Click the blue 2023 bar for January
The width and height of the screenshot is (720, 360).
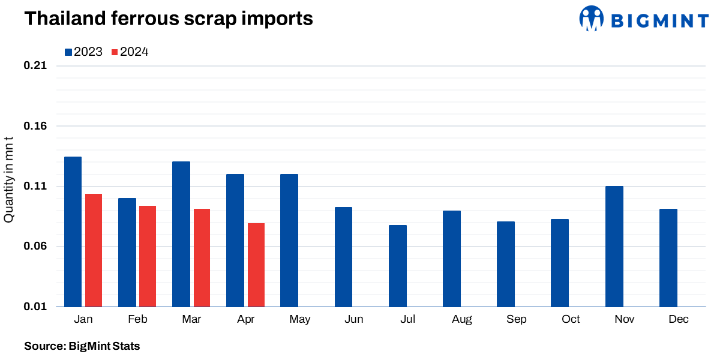73,232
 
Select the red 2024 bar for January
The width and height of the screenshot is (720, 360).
94,250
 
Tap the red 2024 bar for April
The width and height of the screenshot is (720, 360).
256,265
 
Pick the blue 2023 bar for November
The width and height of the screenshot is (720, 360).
614,247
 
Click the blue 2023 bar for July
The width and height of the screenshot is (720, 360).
397,266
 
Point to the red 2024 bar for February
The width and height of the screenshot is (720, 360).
148,256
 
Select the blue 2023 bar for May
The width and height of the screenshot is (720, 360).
289,241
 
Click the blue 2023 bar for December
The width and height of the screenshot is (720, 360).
668,258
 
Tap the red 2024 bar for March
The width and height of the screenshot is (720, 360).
202,258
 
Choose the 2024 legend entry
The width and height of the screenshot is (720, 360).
130,52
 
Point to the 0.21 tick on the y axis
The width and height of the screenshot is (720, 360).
35,66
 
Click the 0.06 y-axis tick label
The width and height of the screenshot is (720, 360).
35,247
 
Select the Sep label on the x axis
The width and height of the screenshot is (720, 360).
516,319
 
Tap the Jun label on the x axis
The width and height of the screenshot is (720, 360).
354,319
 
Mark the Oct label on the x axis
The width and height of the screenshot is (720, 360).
571,319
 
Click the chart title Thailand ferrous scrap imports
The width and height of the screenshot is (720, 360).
169,19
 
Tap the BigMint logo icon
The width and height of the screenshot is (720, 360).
591,19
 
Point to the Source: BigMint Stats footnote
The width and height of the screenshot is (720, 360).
82,346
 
